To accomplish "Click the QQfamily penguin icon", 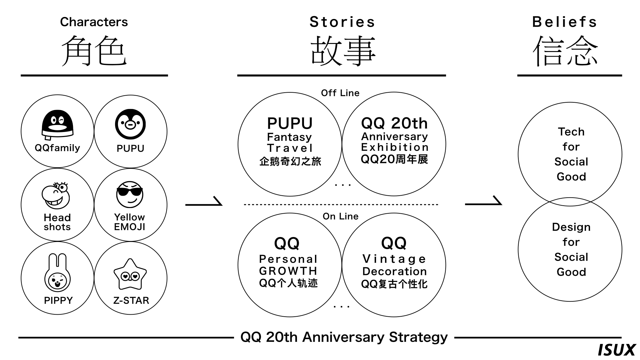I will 57,125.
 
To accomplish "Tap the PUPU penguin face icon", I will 130,124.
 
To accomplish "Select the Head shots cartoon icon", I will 56,196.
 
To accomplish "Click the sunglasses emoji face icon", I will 130,194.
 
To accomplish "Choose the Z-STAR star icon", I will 130,275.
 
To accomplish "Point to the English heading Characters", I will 94,22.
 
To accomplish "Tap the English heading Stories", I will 342,22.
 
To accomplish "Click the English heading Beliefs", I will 564,22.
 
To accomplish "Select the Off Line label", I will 340,93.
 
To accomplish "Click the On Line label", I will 340,216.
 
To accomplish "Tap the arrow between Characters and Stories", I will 204,202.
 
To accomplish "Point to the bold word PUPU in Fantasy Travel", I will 290,124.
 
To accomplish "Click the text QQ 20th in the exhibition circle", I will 394,123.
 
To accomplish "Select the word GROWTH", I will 288,271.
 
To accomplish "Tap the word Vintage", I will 394,259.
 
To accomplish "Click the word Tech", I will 571,132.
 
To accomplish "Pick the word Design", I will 571,227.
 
